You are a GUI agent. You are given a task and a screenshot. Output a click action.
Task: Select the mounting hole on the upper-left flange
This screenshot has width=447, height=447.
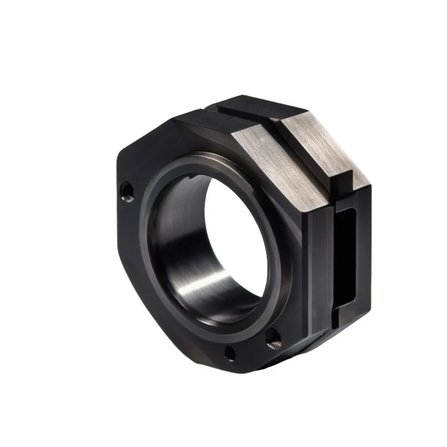click(126, 191)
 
